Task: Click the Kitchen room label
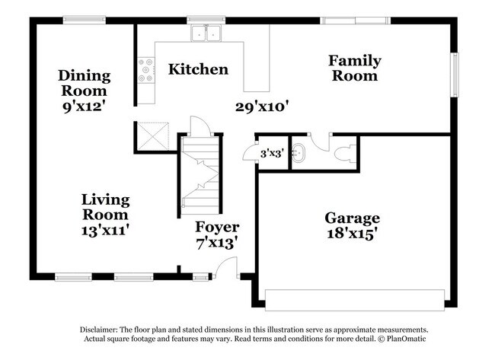[198, 69]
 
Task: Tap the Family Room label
[354, 68]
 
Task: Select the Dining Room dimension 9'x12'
[84, 107]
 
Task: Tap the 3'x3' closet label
[273, 152]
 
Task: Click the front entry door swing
[226, 268]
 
